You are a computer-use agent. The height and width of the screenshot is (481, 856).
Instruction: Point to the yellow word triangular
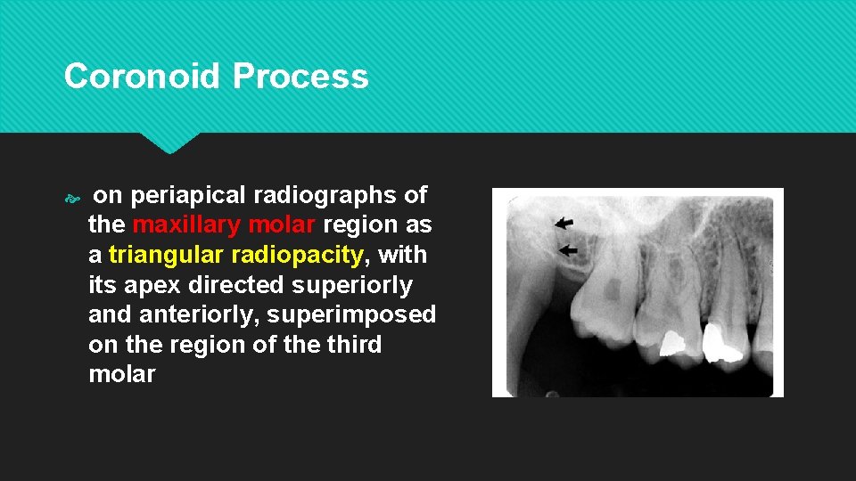166,255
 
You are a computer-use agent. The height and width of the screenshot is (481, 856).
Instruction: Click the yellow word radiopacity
298,255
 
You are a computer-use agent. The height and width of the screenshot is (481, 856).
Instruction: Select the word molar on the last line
122,374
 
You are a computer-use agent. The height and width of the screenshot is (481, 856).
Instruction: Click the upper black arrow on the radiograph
564,223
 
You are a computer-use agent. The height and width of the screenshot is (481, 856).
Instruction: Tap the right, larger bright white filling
719,341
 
